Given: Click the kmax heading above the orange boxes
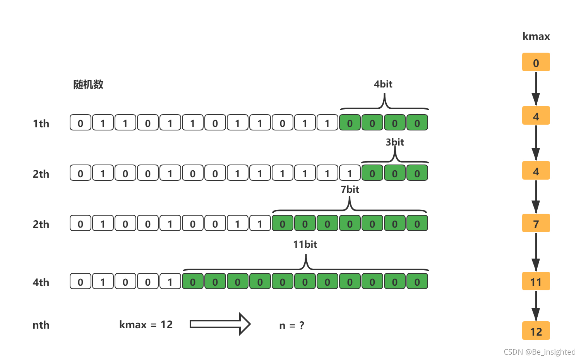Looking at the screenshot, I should coord(536,36).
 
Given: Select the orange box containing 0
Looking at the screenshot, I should coord(536,62).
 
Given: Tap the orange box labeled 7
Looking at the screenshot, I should coord(536,223).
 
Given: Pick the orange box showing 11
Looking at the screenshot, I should coord(536,281).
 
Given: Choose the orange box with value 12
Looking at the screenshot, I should coord(536,331).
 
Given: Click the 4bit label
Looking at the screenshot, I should coord(383,84).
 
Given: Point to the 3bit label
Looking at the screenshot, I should coord(394,142).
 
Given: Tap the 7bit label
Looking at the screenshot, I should coord(350,189).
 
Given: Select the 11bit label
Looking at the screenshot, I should coord(305,244).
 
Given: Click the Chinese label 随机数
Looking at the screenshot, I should coord(88,84).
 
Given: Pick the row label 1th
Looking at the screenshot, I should coord(41,123).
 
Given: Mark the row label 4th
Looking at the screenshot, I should coord(41,282).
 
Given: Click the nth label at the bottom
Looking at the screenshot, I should coord(41,325).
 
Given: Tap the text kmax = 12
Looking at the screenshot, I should coord(146,324).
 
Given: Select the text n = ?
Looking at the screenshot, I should coord(291,325).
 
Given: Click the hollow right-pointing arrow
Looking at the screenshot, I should coord(220,324).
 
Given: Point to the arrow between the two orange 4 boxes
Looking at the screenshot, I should coord(536,142).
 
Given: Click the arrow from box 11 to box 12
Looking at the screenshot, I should coord(536,306).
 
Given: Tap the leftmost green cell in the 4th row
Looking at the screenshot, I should coord(193,281).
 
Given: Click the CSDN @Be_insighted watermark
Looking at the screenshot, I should coord(539,351).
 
